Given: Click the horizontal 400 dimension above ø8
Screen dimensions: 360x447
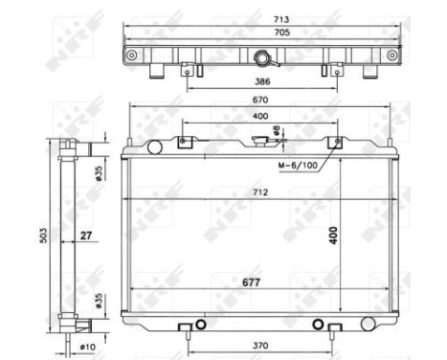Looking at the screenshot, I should (258, 116).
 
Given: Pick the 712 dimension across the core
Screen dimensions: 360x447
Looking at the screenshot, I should (259, 192).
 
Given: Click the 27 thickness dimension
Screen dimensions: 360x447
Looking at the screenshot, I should (86, 233).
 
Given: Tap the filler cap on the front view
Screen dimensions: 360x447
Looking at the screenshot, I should (260, 141).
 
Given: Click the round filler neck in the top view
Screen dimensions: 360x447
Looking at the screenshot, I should (260, 56).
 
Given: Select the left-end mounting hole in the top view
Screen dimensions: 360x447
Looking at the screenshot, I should (131, 55).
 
